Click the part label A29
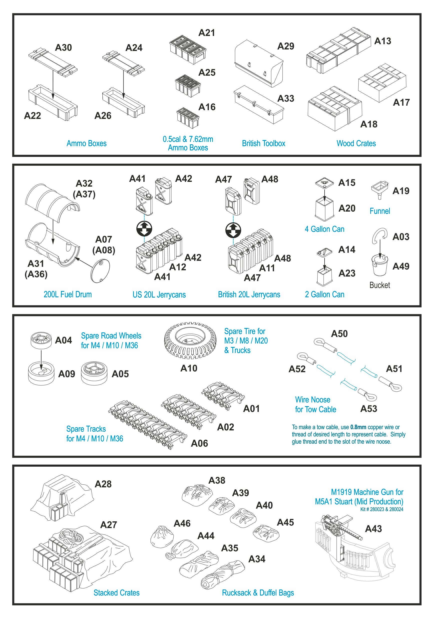click(x=286, y=46)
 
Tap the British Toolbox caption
click(x=263, y=143)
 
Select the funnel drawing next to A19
click(x=380, y=190)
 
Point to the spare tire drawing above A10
click(x=190, y=340)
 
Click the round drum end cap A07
click(x=100, y=271)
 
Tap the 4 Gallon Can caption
click(x=324, y=229)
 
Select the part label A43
click(x=373, y=529)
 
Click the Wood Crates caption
click(x=356, y=143)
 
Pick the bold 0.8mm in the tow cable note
click(x=358, y=427)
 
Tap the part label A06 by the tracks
click(x=199, y=443)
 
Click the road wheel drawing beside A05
click(x=94, y=373)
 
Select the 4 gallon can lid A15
click(x=324, y=183)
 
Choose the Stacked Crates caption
click(x=116, y=593)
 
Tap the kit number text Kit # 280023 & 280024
click(x=382, y=509)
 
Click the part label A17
click(x=401, y=103)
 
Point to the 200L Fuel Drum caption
click(x=67, y=294)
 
